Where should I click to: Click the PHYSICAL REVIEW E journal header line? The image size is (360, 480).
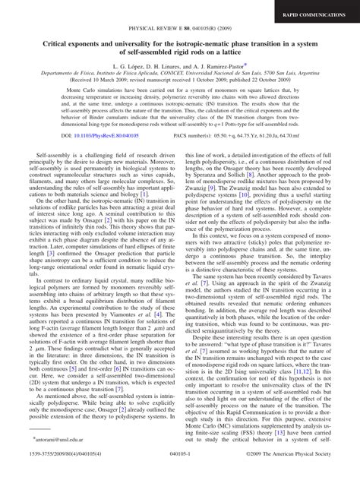click(180, 33)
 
